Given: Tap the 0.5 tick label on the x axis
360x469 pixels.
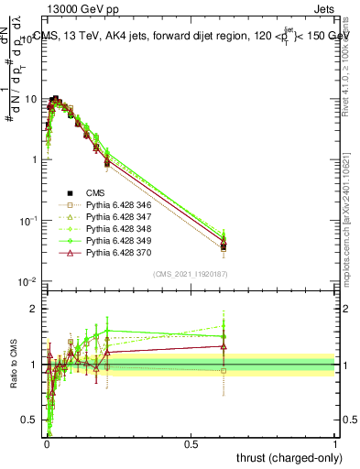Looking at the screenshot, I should (191, 443).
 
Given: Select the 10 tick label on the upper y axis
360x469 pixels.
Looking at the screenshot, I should (31, 98).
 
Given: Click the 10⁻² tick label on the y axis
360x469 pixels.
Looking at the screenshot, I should (28, 280).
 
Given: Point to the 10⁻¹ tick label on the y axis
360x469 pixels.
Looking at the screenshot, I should (28, 220).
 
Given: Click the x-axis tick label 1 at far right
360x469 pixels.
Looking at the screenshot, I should (335, 443).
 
